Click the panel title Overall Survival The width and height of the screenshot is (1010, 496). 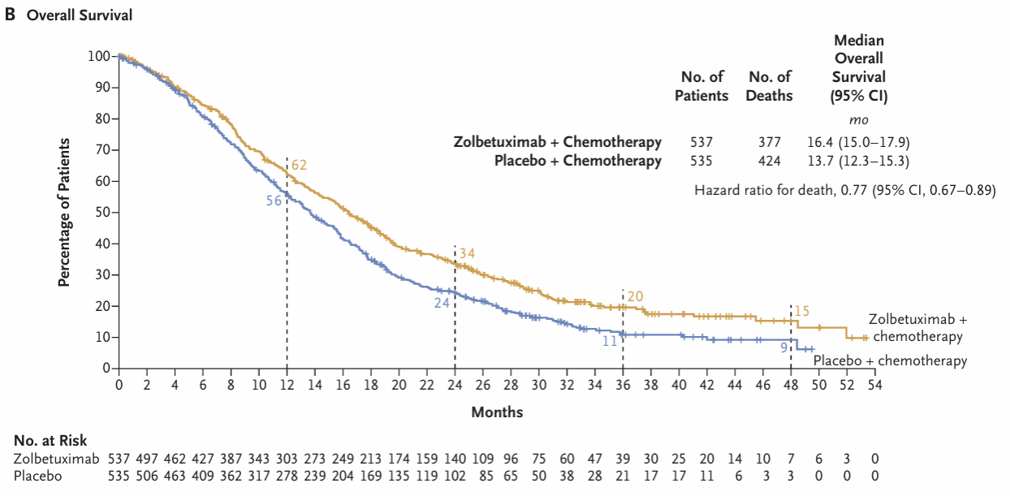(80, 15)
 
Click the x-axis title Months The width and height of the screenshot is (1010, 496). (497, 412)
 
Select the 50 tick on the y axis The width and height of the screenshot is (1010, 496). (101, 213)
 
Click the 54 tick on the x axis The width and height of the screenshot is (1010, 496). (874, 384)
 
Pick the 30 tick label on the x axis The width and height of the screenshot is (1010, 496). (538, 384)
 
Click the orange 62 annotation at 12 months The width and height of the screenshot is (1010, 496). (299, 166)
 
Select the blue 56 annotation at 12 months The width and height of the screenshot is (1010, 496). (274, 200)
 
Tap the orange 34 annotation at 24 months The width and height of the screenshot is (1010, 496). (467, 253)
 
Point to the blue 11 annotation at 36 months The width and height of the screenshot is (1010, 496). (610, 342)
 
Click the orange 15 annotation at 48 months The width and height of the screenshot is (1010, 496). (802, 310)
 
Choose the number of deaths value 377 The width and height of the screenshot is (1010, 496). (770, 142)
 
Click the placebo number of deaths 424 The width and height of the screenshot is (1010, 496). (770, 161)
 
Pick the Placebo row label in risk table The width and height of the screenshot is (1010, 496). (37, 475)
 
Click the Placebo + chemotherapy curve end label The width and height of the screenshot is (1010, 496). (890, 361)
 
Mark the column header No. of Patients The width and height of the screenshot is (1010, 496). (701, 86)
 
